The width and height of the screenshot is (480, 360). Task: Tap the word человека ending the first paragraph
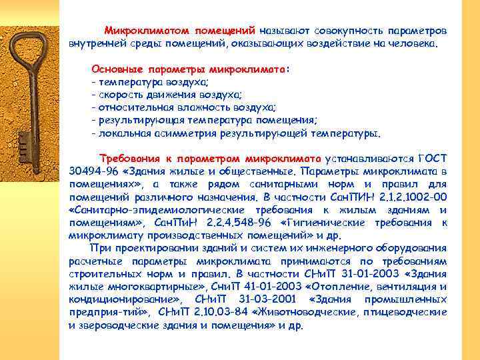pyautogui.click(x=413, y=43)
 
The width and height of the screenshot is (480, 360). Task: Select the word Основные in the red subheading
pyautogui.click(x=113, y=69)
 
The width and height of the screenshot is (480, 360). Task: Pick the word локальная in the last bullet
pyautogui.click(x=121, y=132)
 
